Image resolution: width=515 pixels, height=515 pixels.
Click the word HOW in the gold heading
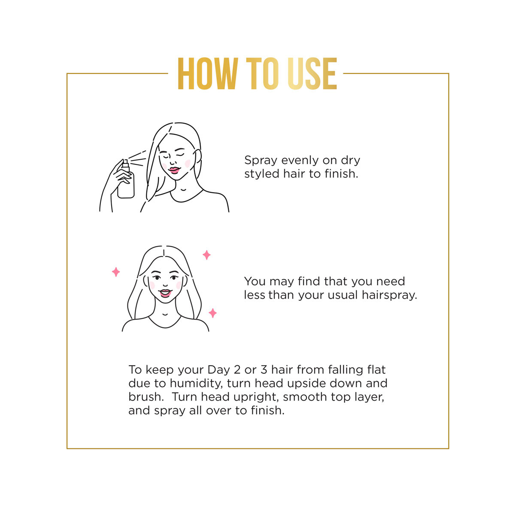click(x=208, y=73)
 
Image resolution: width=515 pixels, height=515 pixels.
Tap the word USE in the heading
click(x=312, y=73)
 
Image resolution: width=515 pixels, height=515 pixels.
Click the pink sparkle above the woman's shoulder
click(x=206, y=255)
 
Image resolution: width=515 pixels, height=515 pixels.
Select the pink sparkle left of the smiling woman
click(x=116, y=272)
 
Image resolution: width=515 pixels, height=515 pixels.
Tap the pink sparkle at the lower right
click(x=212, y=313)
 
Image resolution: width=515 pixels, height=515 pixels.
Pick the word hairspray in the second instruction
click(x=389, y=295)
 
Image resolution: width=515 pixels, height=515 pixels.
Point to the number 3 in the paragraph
click(x=264, y=370)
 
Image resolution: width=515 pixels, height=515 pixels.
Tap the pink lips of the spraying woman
click(x=174, y=170)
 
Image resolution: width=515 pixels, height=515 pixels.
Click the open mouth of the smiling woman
click(x=165, y=293)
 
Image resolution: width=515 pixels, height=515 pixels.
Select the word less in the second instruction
click(x=254, y=295)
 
